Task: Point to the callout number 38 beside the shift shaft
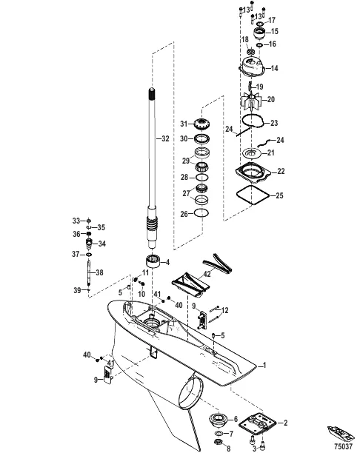click(x=99, y=272)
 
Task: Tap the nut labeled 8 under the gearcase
click(x=219, y=442)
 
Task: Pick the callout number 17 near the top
click(x=272, y=19)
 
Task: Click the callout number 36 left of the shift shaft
click(x=76, y=234)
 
